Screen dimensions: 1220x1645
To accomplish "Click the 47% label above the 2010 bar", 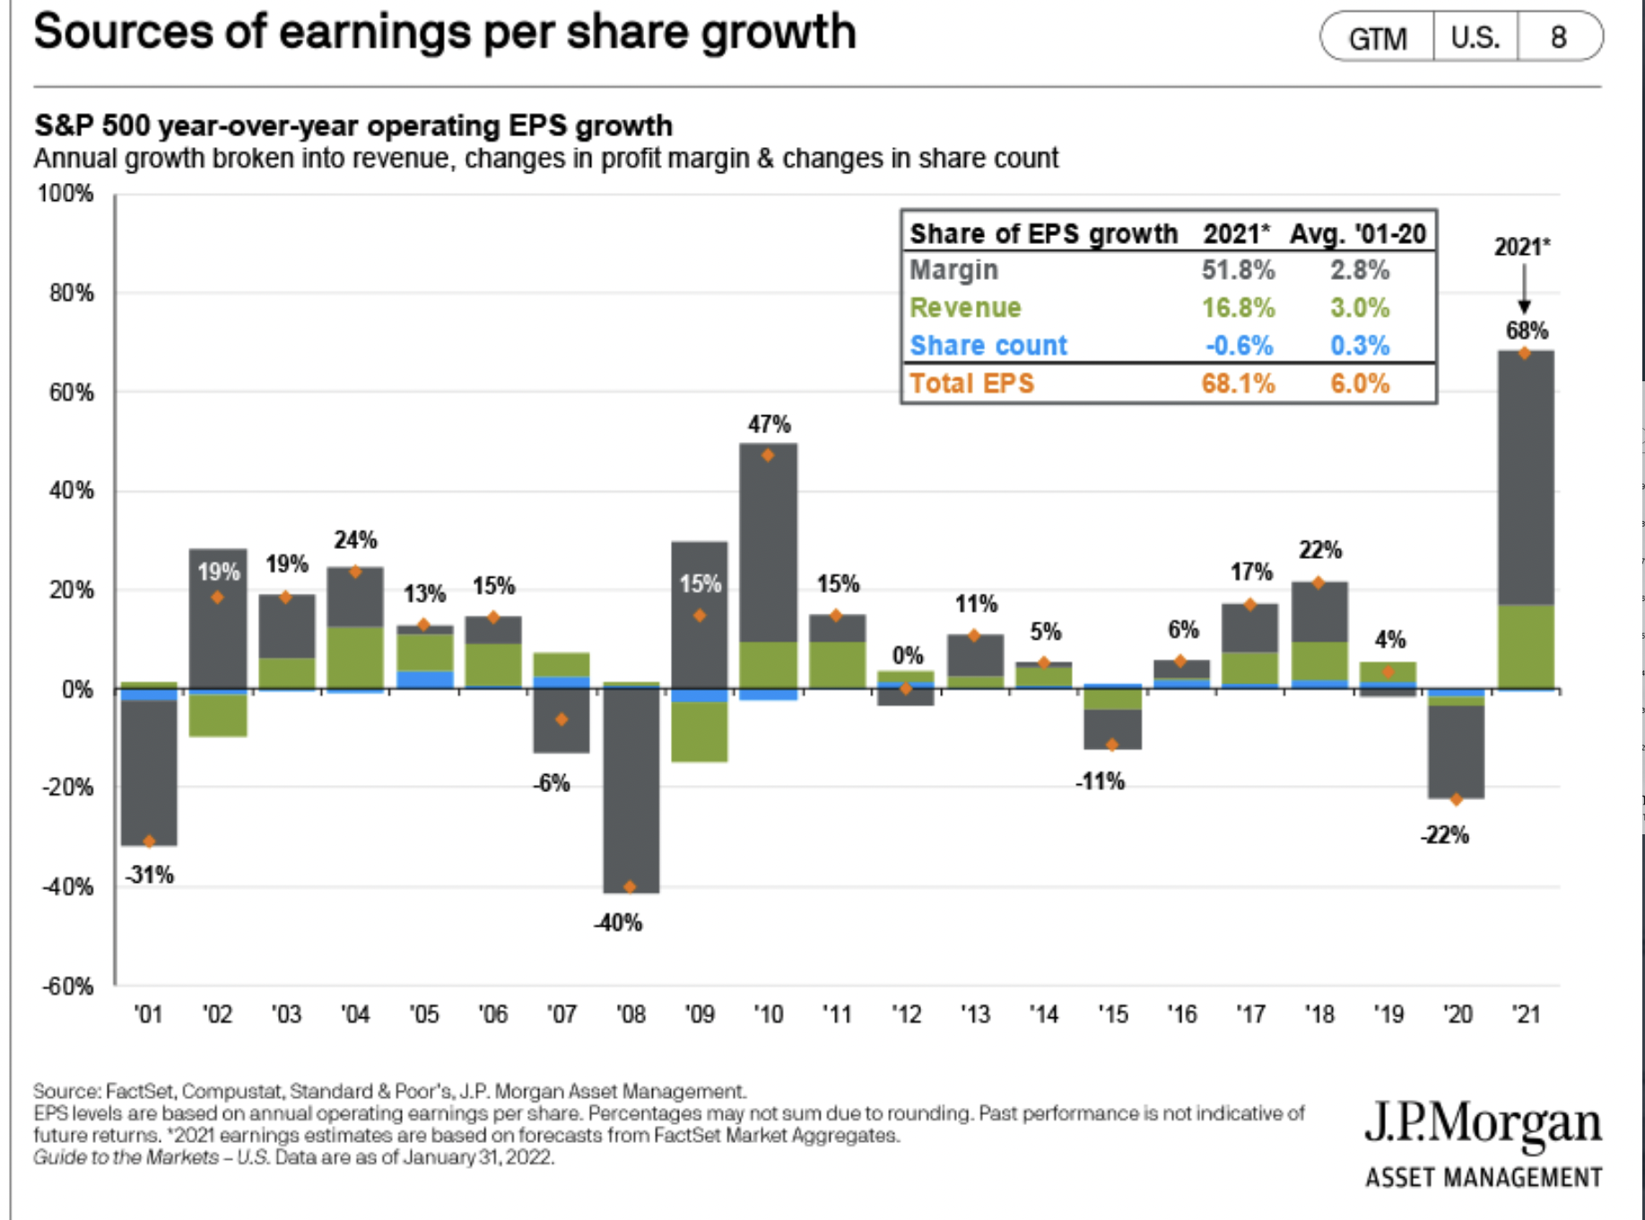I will (x=769, y=424).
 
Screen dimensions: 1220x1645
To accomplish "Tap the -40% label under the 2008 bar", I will (x=618, y=923).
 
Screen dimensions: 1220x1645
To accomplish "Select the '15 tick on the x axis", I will (x=1112, y=1015).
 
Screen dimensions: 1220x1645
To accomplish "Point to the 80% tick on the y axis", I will (x=71, y=293).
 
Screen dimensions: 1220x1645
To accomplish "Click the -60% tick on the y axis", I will (x=67, y=987).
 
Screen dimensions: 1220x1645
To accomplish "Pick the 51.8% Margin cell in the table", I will (x=1238, y=270).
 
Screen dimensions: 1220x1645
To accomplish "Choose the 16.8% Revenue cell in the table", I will (x=1238, y=308).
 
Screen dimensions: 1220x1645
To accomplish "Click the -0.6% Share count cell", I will (x=1239, y=345).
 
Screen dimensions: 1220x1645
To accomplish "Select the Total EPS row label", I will (x=971, y=384).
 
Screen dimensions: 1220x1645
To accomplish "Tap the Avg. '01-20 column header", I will (x=1357, y=234).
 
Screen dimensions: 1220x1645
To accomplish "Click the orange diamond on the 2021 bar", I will (x=1524, y=353).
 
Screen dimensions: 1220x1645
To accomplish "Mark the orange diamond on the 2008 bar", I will (x=630, y=886).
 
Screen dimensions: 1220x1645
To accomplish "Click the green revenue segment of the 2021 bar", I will (x=1525, y=646).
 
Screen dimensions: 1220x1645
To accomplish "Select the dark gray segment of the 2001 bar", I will (x=149, y=771).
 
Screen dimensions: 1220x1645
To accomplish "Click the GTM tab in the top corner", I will (x=1378, y=39).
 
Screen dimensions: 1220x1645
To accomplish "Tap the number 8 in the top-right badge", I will (x=1559, y=38).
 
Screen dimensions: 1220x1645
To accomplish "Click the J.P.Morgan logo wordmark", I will (x=1483, y=1124).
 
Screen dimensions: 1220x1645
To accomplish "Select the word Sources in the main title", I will (x=124, y=32).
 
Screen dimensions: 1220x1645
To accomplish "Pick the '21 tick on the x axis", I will (x=1525, y=1015).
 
